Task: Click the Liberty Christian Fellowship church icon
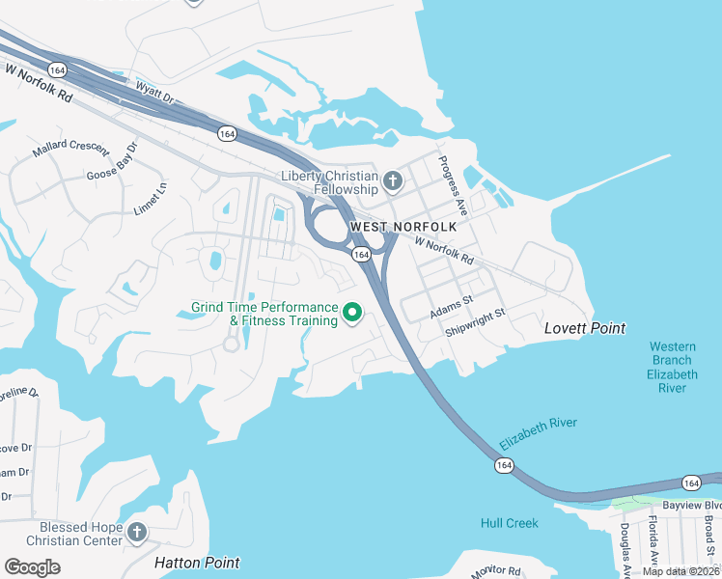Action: [393, 180]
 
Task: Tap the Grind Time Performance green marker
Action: [352, 313]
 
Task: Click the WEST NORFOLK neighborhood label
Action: [403, 227]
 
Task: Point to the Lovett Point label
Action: [585, 328]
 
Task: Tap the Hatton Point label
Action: [197, 562]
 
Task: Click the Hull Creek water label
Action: [510, 523]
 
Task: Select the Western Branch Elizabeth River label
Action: [673, 367]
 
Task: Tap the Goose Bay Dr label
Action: [113, 161]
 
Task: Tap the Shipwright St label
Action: [476, 322]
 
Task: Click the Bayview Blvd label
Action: [691, 505]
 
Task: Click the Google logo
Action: [32, 567]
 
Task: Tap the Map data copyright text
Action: [681, 571]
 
